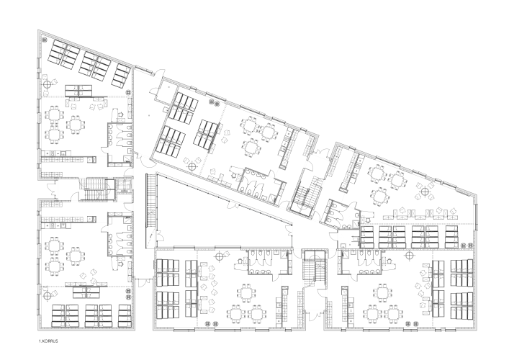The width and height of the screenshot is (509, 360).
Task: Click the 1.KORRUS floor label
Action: [48, 341]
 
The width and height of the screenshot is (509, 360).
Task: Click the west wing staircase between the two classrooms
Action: [96, 189]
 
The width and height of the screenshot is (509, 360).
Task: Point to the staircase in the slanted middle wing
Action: [305, 194]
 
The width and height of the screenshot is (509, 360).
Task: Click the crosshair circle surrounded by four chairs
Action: [425, 192]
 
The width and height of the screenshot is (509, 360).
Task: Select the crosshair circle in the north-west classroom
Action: [48, 85]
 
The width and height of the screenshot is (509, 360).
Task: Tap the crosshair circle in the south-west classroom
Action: [48, 296]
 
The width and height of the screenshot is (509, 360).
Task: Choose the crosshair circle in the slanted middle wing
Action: [192, 167]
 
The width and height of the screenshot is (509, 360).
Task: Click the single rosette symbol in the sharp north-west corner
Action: [45, 40]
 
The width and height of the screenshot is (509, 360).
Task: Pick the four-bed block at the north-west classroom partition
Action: [78, 91]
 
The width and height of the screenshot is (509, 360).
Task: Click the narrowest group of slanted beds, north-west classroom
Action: [122, 76]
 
